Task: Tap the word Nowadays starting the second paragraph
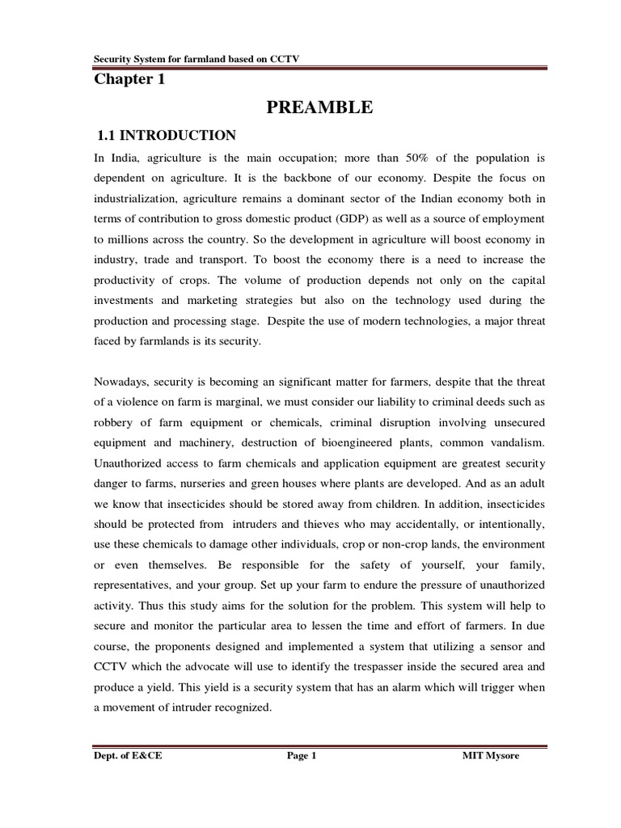pyautogui.click(x=121, y=383)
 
